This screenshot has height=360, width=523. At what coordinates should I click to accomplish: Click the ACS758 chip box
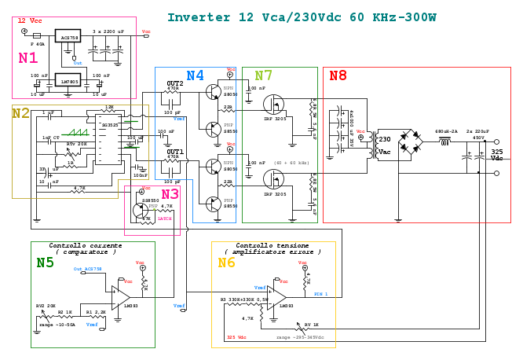[68, 36]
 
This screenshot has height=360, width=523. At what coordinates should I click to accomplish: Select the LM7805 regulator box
[68, 80]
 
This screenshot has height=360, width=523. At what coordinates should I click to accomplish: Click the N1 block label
[28, 57]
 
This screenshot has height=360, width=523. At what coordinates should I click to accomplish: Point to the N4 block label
[195, 75]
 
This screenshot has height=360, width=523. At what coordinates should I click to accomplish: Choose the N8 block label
[338, 75]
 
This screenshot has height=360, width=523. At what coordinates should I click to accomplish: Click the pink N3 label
[170, 194]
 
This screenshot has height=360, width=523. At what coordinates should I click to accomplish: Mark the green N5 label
[45, 263]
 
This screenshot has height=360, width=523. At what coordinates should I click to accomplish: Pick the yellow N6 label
[226, 263]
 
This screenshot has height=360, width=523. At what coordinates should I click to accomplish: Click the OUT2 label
[174, 83]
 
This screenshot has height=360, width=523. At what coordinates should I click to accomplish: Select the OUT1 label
[174, 151]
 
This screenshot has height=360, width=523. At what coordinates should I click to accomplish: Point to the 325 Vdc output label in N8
[497, 155]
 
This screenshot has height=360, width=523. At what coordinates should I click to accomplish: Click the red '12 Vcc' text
[30, 20]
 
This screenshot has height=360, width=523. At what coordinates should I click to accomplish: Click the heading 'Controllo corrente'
[85, 245]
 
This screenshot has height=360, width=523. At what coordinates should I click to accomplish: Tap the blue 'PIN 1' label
[320, 294]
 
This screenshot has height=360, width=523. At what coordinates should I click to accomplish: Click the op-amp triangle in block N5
[120, 297]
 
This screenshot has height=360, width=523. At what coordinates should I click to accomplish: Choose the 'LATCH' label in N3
[164, 219]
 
